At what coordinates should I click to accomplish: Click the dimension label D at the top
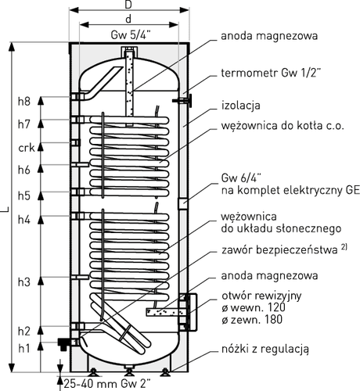click(128, 5)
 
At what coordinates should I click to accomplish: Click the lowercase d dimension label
click(128, 19)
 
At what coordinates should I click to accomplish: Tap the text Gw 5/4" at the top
click(131, 35)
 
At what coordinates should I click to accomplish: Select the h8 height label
click(24, 101)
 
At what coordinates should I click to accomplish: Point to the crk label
click(27, 148)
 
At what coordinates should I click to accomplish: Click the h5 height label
click(24, 195)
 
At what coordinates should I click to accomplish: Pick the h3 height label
click(24, 282)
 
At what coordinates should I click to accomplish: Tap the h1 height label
click(23, 348)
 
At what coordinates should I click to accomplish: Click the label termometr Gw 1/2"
click(271, 74)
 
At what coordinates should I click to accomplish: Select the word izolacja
click(241, 106)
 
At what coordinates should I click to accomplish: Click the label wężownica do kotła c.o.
click(283, 126)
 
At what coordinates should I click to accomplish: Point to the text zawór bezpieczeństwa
click(279, 250)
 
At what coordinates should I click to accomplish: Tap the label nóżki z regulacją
click(265, 349)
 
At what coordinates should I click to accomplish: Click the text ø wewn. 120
click(254, 307)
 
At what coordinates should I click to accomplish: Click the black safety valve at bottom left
click(63, 344)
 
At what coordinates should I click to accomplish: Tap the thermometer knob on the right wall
click(190, 100)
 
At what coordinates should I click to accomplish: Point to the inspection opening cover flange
click(192, 312)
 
